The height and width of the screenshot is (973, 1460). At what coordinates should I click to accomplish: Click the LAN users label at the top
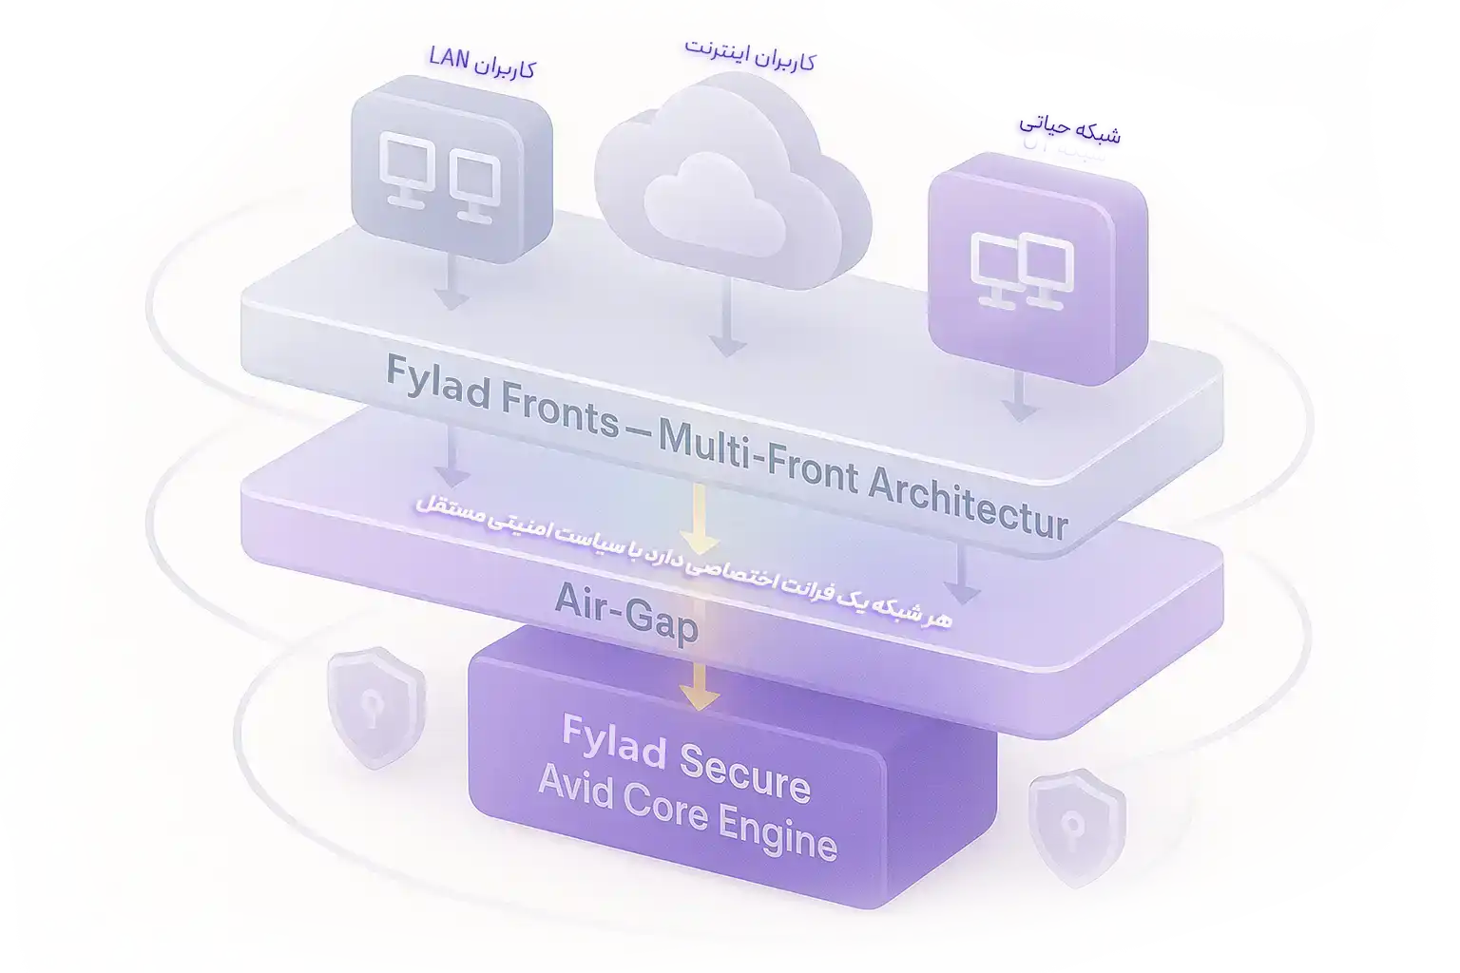(x=481, y=62)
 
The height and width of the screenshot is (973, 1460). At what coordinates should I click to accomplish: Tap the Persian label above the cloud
(x=749, y=54)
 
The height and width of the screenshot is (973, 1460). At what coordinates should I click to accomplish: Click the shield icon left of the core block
(x=375, y=707)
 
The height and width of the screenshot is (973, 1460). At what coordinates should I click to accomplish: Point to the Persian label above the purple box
(x=1069, y=139)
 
